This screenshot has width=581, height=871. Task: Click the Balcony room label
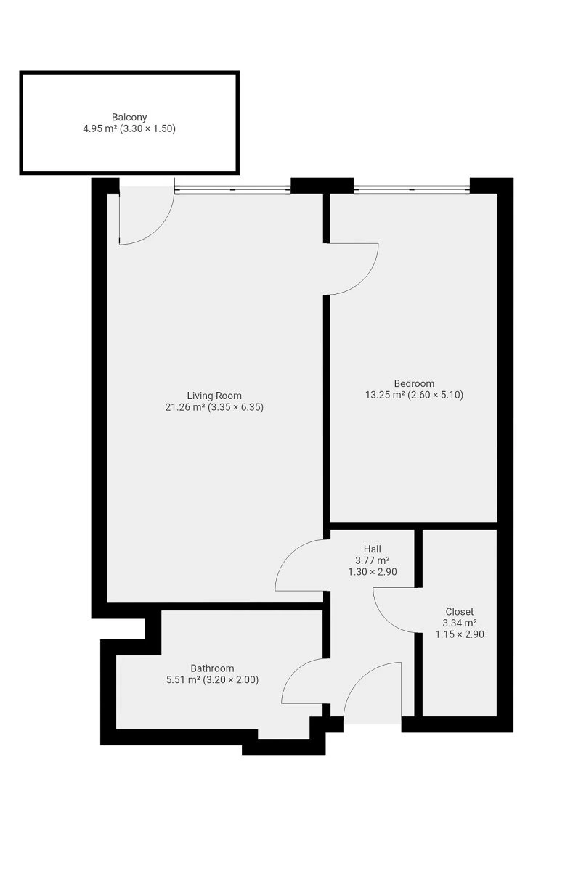(129, 117)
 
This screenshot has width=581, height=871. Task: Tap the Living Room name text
(214, 396)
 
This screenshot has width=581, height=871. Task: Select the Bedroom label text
(414, 383)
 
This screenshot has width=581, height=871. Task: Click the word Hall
(372, 549)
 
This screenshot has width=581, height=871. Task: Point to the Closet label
(459, 612)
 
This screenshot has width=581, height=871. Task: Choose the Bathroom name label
(212, 668)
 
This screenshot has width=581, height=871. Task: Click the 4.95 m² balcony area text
(129, 128)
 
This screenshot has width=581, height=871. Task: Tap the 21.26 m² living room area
(214, 407)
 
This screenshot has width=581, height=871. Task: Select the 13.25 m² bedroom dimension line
(414, 395)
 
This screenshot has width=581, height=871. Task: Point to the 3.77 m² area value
(373, 560)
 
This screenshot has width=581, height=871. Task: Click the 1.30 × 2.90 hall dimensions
(373, 572)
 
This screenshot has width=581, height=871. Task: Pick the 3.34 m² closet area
(460, 623)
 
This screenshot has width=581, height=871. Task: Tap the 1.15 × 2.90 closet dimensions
(460, 634)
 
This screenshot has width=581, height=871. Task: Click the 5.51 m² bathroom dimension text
(212, 679)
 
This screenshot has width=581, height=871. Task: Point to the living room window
(232, 189)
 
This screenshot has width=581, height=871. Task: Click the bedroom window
(412, 189)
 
